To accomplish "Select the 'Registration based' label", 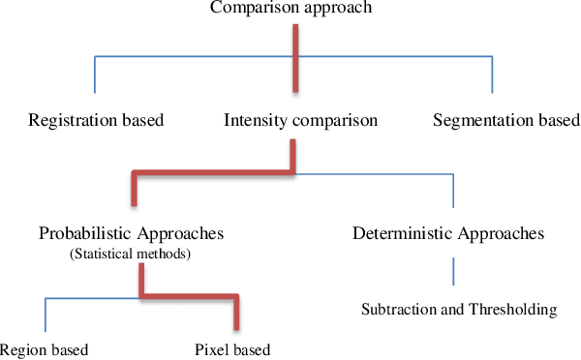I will click(x=96, y=121).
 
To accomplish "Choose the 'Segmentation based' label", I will click(x=494, y=121).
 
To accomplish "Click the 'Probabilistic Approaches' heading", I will click(x=132, y=234).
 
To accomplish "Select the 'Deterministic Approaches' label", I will click(x=447, y=234).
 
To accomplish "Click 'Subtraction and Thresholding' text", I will click(x=459, y=310).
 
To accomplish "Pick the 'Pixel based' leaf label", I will click(x=231, y=349).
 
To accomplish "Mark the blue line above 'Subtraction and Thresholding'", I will click(x=452, y=271).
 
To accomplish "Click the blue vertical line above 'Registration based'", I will click(x=95, y=75).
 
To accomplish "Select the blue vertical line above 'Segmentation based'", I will click(x=493, y=75).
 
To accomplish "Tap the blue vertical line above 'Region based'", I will click(x=45, y=315).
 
